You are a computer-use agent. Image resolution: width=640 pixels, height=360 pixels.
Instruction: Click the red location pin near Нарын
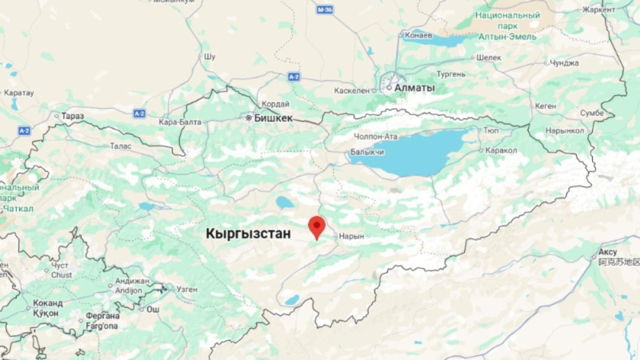317,226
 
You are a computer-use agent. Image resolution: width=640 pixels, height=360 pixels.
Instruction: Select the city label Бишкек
273,118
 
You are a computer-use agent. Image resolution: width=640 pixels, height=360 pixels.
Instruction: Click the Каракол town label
501,150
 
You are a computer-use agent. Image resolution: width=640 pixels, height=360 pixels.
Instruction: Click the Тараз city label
72,116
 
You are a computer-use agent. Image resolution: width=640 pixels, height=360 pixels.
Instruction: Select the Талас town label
120,146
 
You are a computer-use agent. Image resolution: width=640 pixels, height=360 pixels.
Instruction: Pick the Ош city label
152,308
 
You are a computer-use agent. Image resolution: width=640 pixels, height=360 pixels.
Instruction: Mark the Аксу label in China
608,252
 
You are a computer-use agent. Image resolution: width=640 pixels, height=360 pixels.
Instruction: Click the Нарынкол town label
566,130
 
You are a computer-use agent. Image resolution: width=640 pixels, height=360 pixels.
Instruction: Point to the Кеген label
546,106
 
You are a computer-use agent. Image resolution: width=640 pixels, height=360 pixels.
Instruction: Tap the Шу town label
210,58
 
